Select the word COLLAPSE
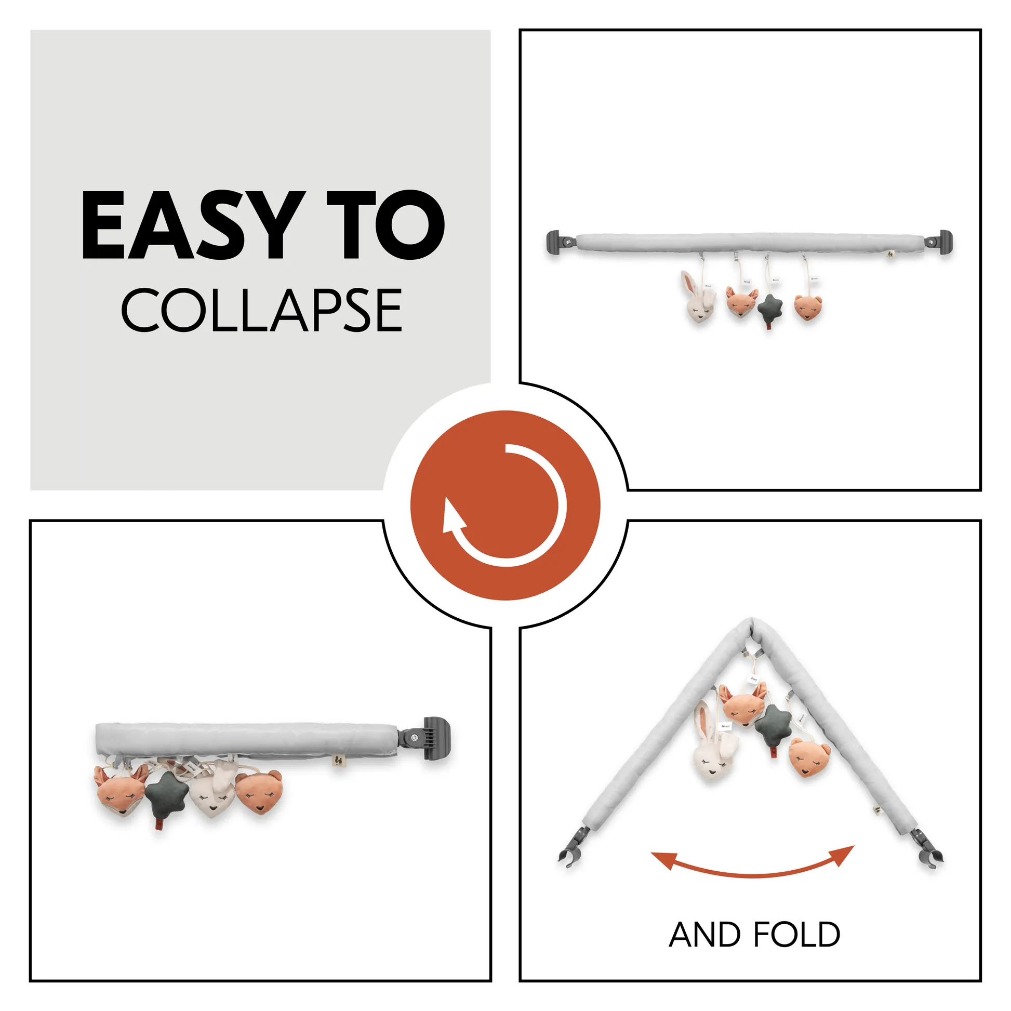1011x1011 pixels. pyautogui.click(x=262, y=310)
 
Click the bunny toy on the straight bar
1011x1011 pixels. pyautogui.click(x=698, y=296)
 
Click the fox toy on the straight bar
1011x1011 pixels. pyautogui.click(x=741, y=302)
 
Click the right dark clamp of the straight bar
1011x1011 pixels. pyautogui.click(x=940, y=242)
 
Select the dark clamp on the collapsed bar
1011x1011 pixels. pyautogui.click(x=426, y=738)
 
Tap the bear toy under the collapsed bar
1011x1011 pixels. pyautogui.click(x=259, y=792)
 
